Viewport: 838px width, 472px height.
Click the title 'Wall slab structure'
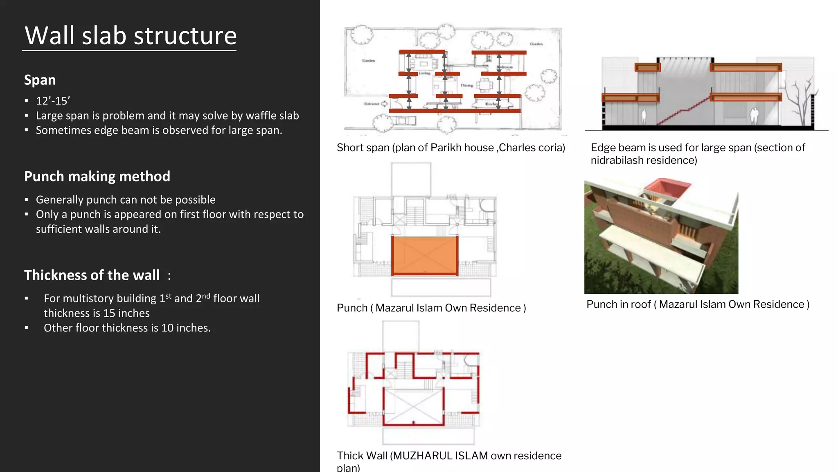[x=131, y=36]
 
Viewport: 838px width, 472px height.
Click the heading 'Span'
[x=40, y=80]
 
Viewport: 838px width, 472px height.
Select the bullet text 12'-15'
[x=53, y=101]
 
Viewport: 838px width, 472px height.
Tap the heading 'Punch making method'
[x=97, y=176]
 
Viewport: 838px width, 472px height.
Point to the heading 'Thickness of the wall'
[x=92, y=275]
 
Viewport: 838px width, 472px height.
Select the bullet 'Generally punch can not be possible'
[x=126, y=200]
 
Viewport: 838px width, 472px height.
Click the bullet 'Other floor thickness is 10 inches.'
[x=127, y=328]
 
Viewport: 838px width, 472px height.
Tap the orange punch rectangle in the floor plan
[x=424, y=255]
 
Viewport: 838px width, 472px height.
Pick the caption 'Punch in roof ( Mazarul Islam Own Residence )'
[x=698, y=304]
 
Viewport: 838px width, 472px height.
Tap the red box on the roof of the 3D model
[x=667, y=188]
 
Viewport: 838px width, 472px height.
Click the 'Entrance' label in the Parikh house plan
[x=372, y=104]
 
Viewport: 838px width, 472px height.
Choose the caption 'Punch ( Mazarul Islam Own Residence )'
[x=431, y=308]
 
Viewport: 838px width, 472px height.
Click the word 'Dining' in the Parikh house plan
[x=466, y=86]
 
